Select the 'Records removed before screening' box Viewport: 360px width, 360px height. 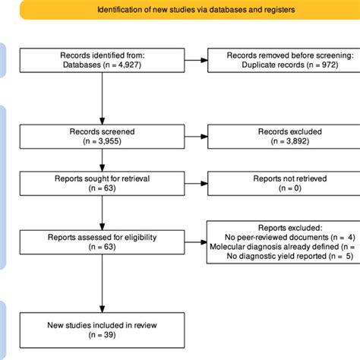coord(282,62)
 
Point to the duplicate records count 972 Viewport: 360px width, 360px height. coord(315,67)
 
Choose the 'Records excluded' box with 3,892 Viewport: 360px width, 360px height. coord(282,138)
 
